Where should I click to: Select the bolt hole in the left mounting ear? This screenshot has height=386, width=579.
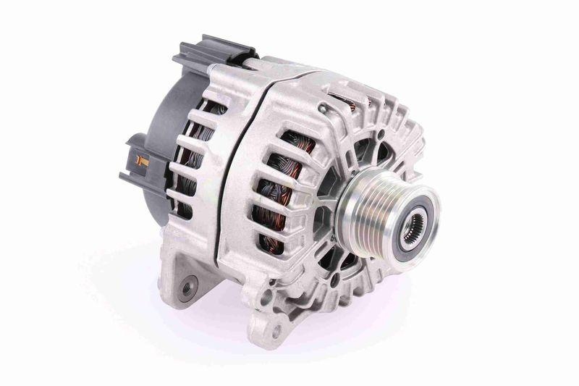point(188,288)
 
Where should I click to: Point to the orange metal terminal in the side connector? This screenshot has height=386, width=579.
point(143,161)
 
